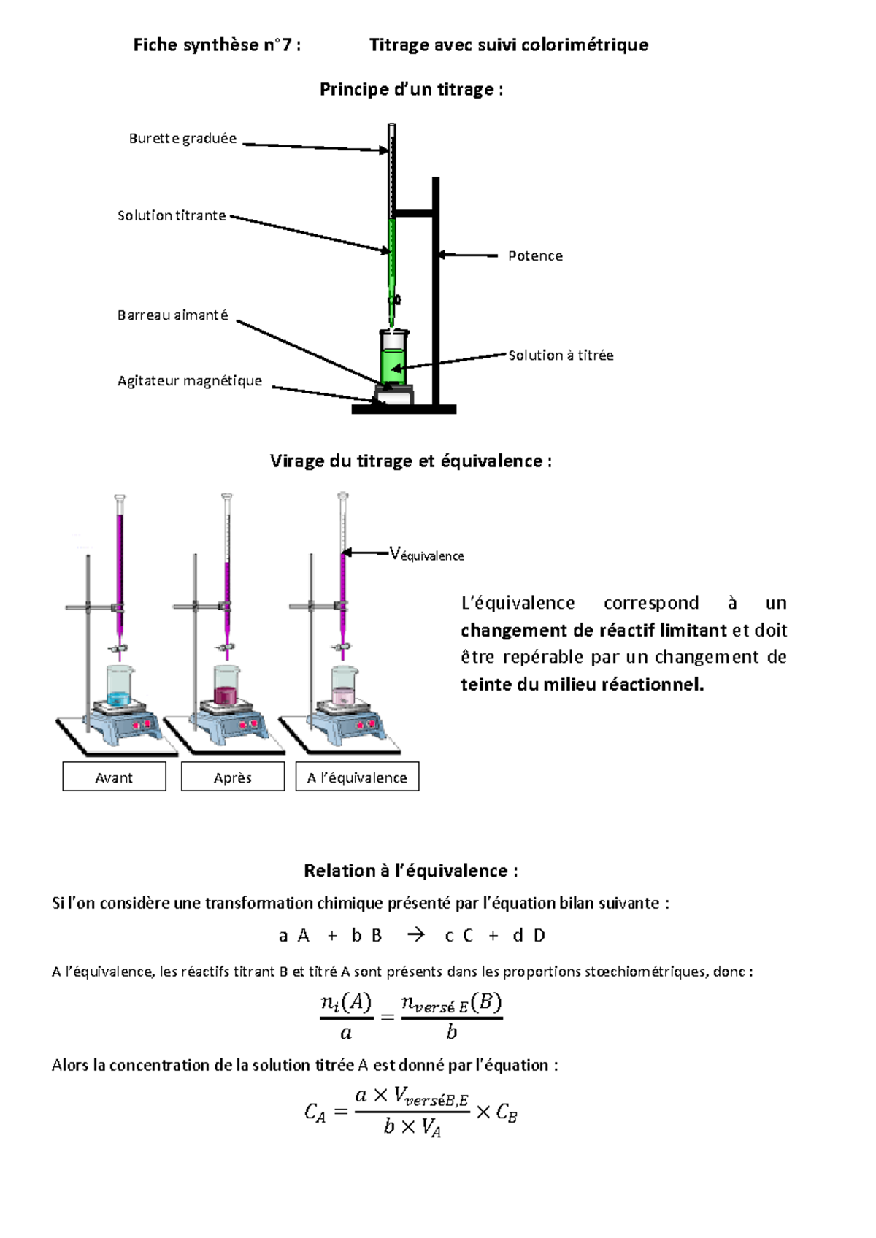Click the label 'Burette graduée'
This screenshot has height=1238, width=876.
pyautogui.click(x=182, y=138)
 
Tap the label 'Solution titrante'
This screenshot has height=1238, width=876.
pyautogui.click(x=172, y=215)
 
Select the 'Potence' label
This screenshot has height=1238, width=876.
pyautogui.click(x=535, y=256)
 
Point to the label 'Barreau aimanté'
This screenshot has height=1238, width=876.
pyautogui.click(x=172, y=315)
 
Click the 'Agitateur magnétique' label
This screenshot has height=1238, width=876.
pyautogui.click(x=190, y=381)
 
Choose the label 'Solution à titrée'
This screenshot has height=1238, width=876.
pyautogui.click(x=561, y=355)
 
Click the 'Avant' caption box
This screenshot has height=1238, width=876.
pyautogui.click(x=114, y=777)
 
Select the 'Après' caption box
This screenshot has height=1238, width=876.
pyautogui.click(x=233, y=777)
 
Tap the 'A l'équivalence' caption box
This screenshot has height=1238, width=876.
pyautogui.click(x=357, y=777)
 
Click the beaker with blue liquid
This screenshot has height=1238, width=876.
pyautogui.click(x=120, y=685)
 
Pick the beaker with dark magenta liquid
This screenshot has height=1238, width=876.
pyautogui.click(x=227, y=685)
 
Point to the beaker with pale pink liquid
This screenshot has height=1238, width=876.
pyautogui.click(x=344, y=685)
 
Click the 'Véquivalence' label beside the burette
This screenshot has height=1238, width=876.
pyautogui.click(x=426, y=554)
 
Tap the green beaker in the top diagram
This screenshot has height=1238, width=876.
pyautogui.click(x=394, y=357)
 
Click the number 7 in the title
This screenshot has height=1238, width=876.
pyautogui.click(x=285, y=45)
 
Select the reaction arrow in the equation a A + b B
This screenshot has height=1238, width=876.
pyautogui.click(x=415, y=935)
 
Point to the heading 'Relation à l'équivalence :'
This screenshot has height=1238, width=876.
pyautogui.click(x=411, y=870)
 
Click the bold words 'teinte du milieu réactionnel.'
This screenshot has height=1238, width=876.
pyautogui.click(x=583, y=684)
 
